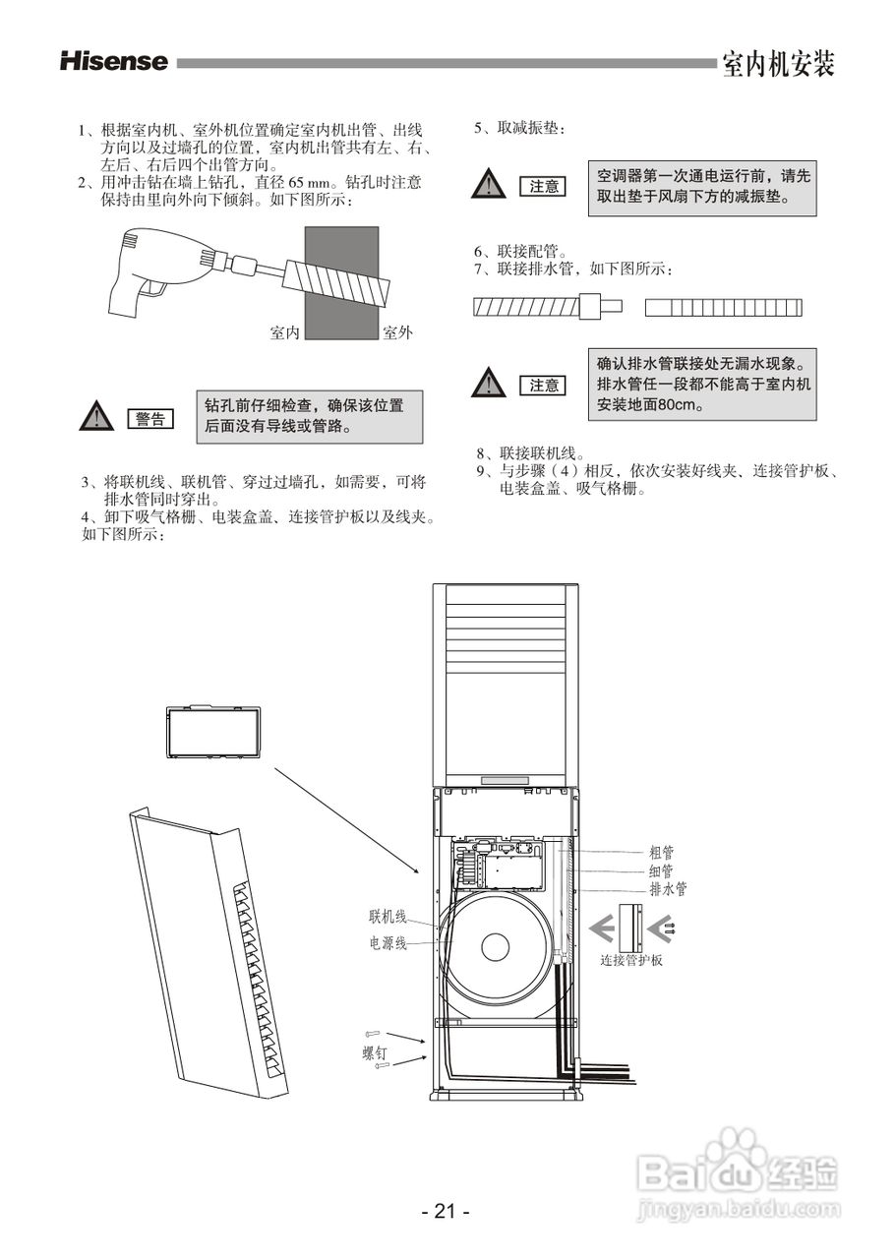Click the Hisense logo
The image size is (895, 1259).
coord(113,62)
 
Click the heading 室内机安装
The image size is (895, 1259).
coord(777,64)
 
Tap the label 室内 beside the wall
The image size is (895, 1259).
coord(284,332)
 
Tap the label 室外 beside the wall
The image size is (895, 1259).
coord(397,332)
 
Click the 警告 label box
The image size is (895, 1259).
coord(150,418)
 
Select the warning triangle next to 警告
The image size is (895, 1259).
coord(95,417)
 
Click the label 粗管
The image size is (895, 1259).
coord(661,853)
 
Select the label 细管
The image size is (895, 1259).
coord(661,870)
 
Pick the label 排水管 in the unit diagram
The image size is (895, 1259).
coord(668,888)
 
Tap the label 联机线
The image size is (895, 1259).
coord(388,917)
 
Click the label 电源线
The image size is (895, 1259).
coord(388,942)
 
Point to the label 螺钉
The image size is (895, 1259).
coord(375,1052)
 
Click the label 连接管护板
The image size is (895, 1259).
coord(631,960)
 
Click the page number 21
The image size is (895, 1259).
coord(446,1212)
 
